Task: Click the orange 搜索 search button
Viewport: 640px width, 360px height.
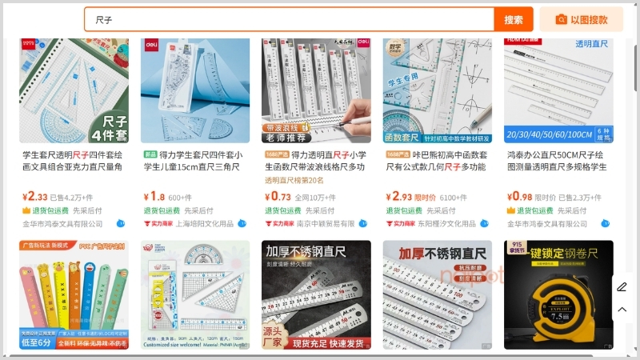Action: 514,19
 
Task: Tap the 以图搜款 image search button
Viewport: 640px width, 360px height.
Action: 581,19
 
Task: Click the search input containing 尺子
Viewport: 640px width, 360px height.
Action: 288,19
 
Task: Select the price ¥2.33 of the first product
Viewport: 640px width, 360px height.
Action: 34,197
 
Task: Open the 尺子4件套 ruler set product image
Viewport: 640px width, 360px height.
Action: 74,90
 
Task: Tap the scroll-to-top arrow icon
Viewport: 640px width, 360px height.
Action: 622,310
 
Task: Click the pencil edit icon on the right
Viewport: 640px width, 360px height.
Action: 622,286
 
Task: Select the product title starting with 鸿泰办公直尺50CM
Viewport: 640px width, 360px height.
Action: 557,161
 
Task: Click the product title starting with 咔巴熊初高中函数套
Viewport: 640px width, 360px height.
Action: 437,161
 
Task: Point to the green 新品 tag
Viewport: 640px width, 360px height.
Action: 150,154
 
